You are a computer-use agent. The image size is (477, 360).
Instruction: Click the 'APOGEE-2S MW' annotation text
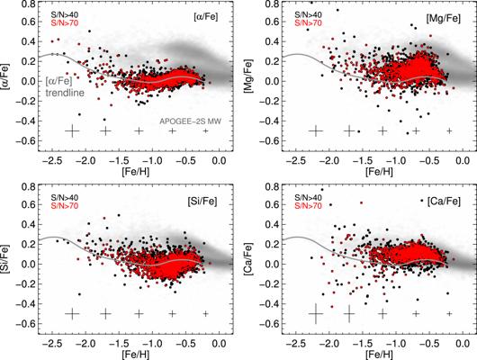(x=191, y=121)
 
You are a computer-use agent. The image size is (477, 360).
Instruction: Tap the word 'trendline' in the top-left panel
(x=65, y=93)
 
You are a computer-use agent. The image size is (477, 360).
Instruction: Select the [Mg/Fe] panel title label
(x=443, y=18)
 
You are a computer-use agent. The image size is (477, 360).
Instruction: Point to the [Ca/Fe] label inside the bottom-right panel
(x=444, y=201)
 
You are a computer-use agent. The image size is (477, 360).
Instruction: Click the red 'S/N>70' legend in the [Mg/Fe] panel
(x=308, y=22)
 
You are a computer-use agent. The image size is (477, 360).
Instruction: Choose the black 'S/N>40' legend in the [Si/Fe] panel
(x=65, y=198)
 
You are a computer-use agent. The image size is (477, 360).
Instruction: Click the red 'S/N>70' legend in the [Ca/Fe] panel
(x=308, y=206)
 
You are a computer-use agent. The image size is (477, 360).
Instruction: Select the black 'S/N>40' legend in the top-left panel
(x=65, y=14)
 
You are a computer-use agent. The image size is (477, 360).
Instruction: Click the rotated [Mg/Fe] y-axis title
(x=249, y=77)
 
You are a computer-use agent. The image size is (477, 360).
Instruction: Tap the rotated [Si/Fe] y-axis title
(x=5, y=260)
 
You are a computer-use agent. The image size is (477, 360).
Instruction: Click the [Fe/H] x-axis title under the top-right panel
(x=379, y=172)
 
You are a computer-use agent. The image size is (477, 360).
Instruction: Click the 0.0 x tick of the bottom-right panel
(x=463, y=344)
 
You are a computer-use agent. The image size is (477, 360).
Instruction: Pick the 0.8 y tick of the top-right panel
(x=273, y=4)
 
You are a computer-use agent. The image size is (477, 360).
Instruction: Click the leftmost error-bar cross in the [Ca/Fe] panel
(x=316, y=314)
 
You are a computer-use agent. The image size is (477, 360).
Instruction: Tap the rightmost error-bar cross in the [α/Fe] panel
(x=205, y=130)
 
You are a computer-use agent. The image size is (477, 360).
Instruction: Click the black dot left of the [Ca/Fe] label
(x=422, y=200)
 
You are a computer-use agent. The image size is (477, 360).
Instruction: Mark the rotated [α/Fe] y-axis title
(x=5, y=77)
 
